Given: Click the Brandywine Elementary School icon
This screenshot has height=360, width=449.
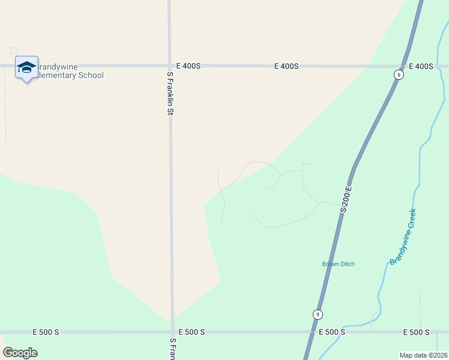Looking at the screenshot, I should [x=26, y=67].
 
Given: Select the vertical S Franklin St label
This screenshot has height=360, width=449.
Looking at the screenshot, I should [x=170, y=93].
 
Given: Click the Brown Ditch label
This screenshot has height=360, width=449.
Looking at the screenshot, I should [x=339, y=264].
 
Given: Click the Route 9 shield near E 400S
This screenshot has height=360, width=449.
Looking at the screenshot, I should [x=399, y=74].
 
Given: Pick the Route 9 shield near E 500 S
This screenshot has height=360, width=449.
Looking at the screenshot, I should [x=318, y=314].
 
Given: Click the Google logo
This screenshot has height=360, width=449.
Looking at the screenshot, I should [x=20, y=353].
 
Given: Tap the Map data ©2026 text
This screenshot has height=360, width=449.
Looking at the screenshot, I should [x=424, y=355].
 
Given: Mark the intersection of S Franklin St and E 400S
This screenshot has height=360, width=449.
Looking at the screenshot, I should [x=170, y=66].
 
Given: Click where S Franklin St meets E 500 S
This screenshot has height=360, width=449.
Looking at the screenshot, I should [x=172, y=332].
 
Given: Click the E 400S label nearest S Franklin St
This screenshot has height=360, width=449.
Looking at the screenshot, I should [x=188, y=66].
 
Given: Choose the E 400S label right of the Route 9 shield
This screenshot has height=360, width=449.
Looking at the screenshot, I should [x=421, y=66].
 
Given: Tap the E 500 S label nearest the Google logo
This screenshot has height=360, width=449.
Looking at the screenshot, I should [x=46, y=332].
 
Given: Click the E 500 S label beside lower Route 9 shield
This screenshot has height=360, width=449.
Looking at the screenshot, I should [x=331, y=332].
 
